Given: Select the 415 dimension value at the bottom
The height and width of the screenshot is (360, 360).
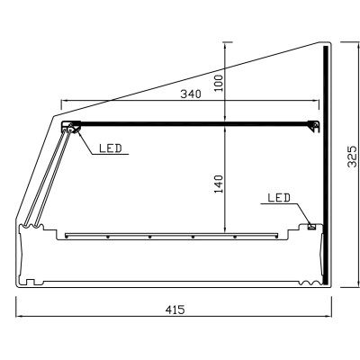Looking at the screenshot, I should coord(175,309).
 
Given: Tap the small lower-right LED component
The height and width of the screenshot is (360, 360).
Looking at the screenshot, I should coord(312,226).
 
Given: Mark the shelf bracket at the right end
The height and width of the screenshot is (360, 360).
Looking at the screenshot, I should coord(315,126).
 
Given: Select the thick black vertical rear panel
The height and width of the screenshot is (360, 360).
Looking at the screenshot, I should coord(325,162).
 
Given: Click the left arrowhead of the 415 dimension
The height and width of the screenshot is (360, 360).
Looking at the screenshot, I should coord(18,316).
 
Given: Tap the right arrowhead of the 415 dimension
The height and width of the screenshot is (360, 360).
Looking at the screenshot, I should coord(332,316).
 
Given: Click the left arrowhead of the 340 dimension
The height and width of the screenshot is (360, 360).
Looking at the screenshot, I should coord(62,100).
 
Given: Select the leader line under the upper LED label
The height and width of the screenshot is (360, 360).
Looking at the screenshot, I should coord(108,155).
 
